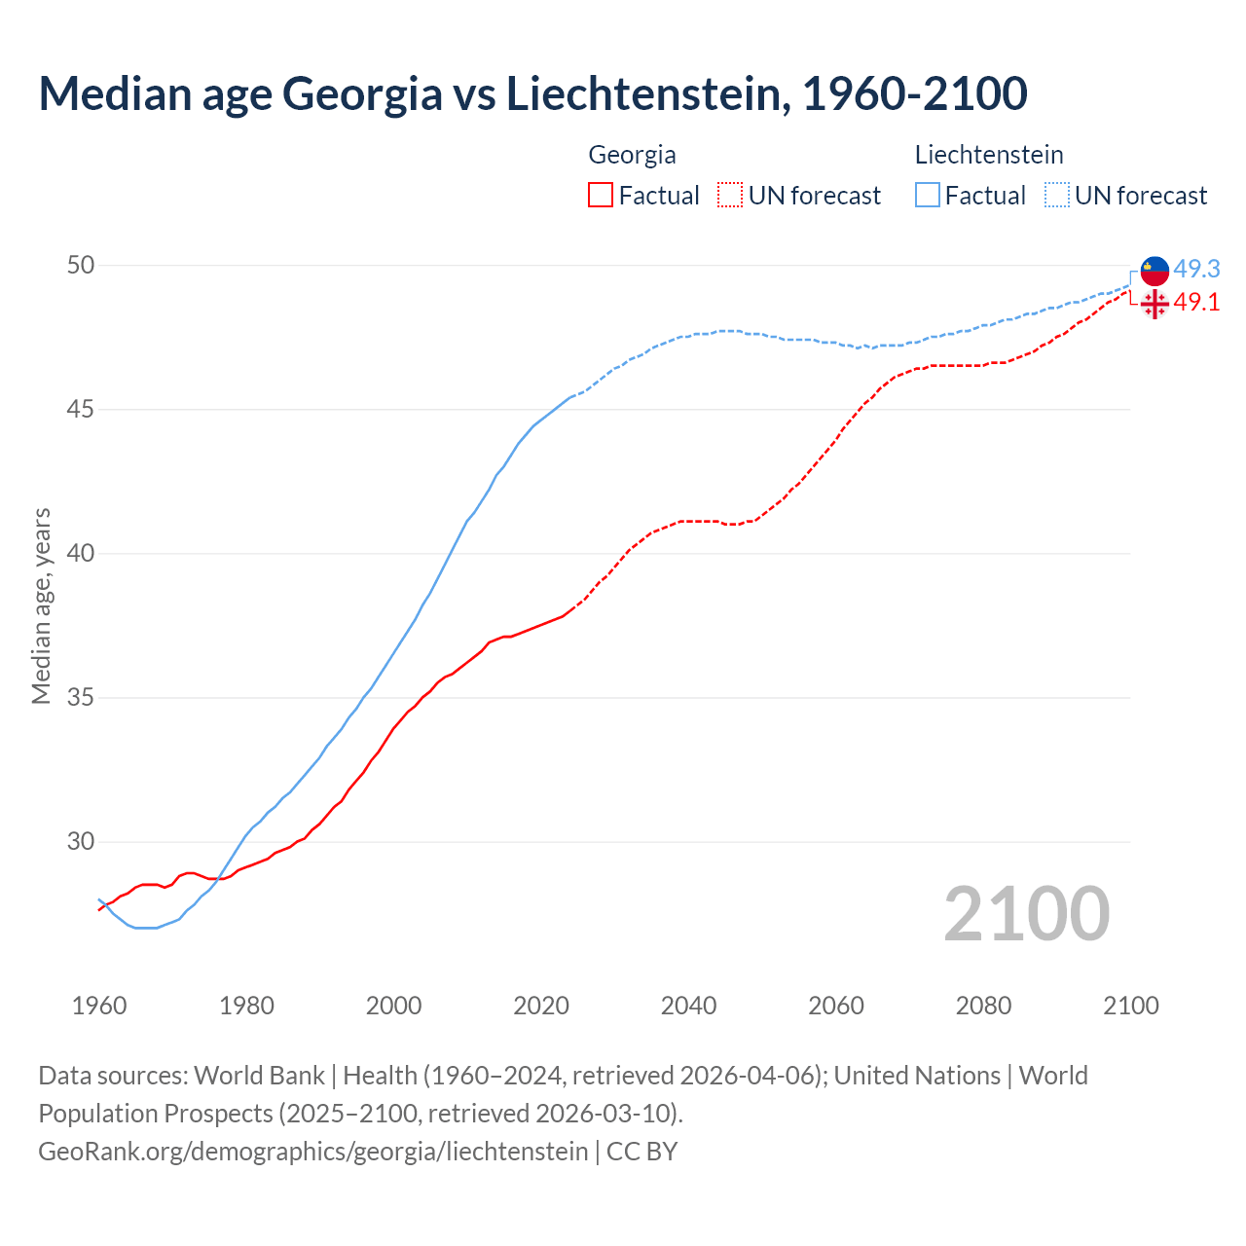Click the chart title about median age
532,93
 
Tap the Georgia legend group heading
632,155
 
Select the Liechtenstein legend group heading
988,155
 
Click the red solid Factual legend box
601,196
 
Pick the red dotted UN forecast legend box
730,196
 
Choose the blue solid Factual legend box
928,196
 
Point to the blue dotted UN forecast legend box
1057,196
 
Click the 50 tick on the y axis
81,265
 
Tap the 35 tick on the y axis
81,698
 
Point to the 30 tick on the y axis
81,841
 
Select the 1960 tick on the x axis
99,1006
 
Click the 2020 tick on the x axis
541,1006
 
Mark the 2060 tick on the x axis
836,1006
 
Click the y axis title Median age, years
41,605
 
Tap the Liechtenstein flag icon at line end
1154,272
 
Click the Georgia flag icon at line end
1154,304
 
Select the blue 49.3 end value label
1196,269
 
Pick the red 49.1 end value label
1196,303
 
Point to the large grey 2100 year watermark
1027,913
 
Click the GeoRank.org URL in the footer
312,1152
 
